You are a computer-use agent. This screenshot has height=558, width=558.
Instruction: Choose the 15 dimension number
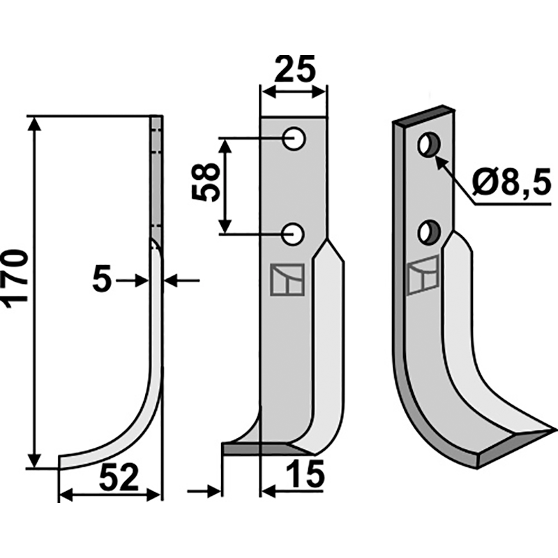[305, 478]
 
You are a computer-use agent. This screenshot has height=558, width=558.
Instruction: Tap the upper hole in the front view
[295, 139]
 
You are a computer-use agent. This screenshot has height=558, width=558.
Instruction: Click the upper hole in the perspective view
[428, 145]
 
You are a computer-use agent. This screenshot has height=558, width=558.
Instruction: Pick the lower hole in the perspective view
[428, 232]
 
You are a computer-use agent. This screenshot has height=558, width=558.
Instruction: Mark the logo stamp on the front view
[285, 280]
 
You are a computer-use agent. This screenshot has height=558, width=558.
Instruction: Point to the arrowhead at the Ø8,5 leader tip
[438, 160]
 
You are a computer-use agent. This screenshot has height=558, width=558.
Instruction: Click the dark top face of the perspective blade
[423, 116]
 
